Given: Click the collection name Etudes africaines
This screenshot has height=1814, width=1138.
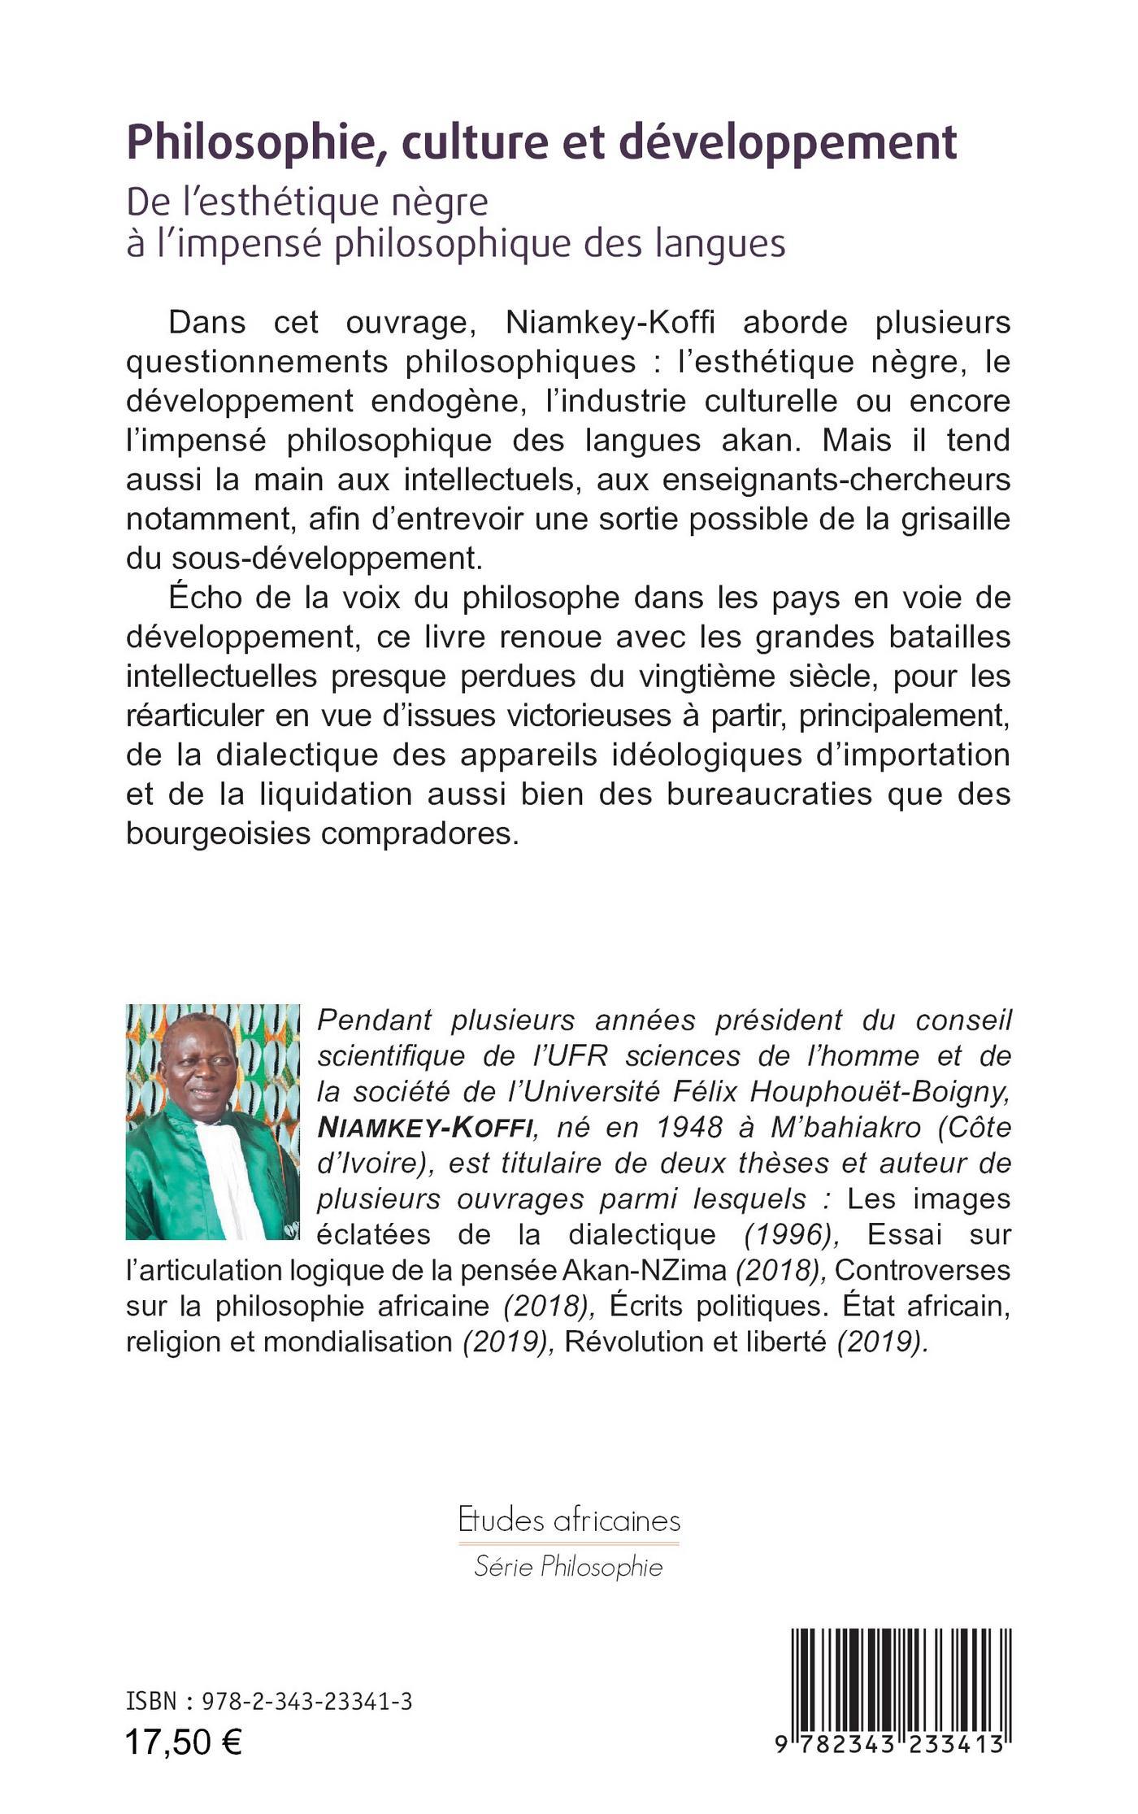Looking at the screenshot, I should click(569, 1520).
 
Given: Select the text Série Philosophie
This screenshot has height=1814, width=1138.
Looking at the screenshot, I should click(569, 1567).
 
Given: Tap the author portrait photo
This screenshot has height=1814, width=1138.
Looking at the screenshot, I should click(212, 1122).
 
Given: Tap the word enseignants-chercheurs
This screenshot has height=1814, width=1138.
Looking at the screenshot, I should click(836, 480).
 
